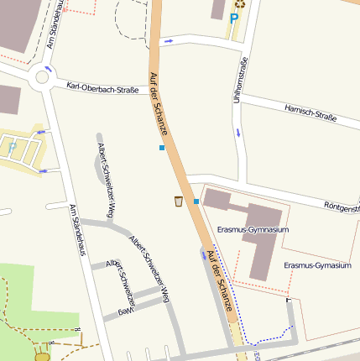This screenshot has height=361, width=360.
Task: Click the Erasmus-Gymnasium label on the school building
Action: click(x=253, y=229)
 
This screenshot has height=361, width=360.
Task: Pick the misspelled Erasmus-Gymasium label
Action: click(x=316, y=265)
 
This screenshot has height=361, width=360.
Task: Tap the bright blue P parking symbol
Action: click(x=234, y=18)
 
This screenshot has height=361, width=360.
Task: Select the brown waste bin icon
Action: click(x=178, y=201)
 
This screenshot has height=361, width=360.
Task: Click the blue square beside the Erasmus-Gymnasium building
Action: click(x=196, y=201)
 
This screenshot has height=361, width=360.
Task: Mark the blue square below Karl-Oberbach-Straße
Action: click(x=161, y=148)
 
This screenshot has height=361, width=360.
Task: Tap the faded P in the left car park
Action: click(x=12, y=145)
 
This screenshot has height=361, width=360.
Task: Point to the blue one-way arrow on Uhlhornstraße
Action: click(x=238, y=133)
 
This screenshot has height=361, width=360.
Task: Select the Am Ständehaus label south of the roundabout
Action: click(x=78, y=230)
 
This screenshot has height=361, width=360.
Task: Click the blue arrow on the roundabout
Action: click(x=48, y=68)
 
